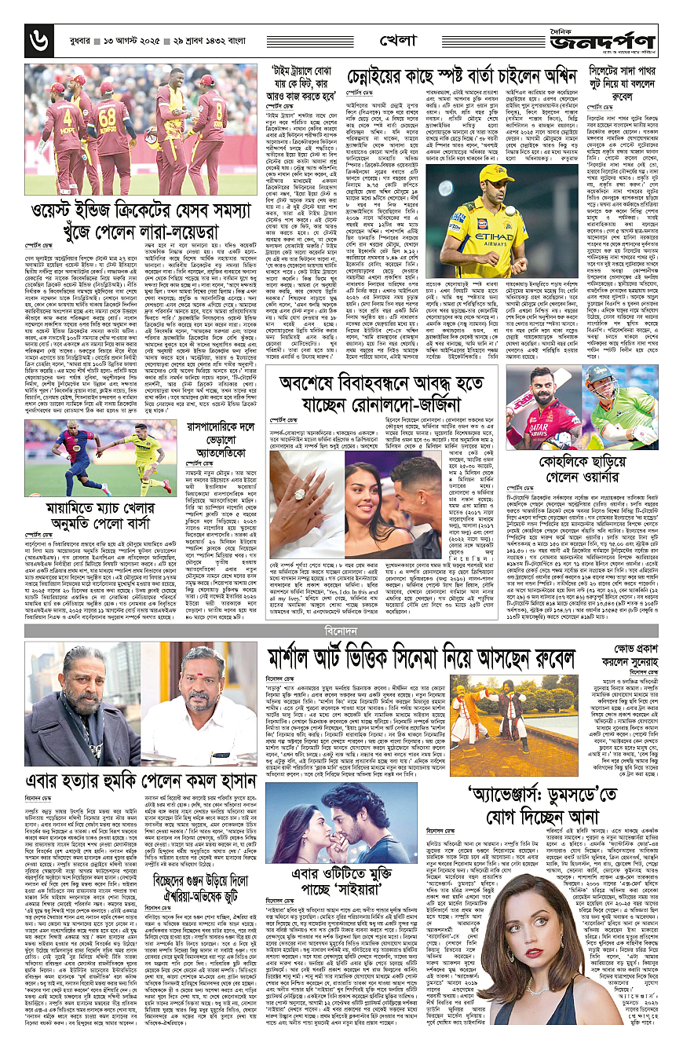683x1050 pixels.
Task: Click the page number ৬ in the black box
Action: (x=36, y=38)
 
